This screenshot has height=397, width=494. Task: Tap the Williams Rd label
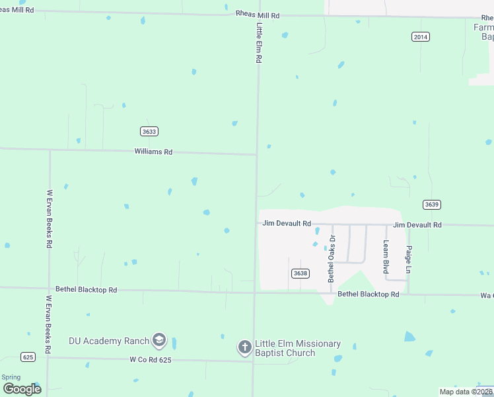(153, 152)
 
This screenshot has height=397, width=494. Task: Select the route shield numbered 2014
(420, 37)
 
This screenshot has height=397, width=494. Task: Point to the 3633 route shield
(149, 131)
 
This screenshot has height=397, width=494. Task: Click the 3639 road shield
(432, 204)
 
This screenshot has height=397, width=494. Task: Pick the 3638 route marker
(300, 273)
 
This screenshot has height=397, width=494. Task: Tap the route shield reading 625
(28, 357)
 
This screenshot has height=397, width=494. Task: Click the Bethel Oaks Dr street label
(332, 259)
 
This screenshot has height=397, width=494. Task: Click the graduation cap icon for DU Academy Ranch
(159, 341)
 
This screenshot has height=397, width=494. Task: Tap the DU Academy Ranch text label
(109, 341)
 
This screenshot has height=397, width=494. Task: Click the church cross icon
(245, 347)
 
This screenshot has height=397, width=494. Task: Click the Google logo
(22, 388)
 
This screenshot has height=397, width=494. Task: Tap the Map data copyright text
(465, 392)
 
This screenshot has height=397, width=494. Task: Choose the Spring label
(11, 377)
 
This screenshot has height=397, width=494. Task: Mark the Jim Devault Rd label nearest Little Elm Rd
(287, 224)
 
